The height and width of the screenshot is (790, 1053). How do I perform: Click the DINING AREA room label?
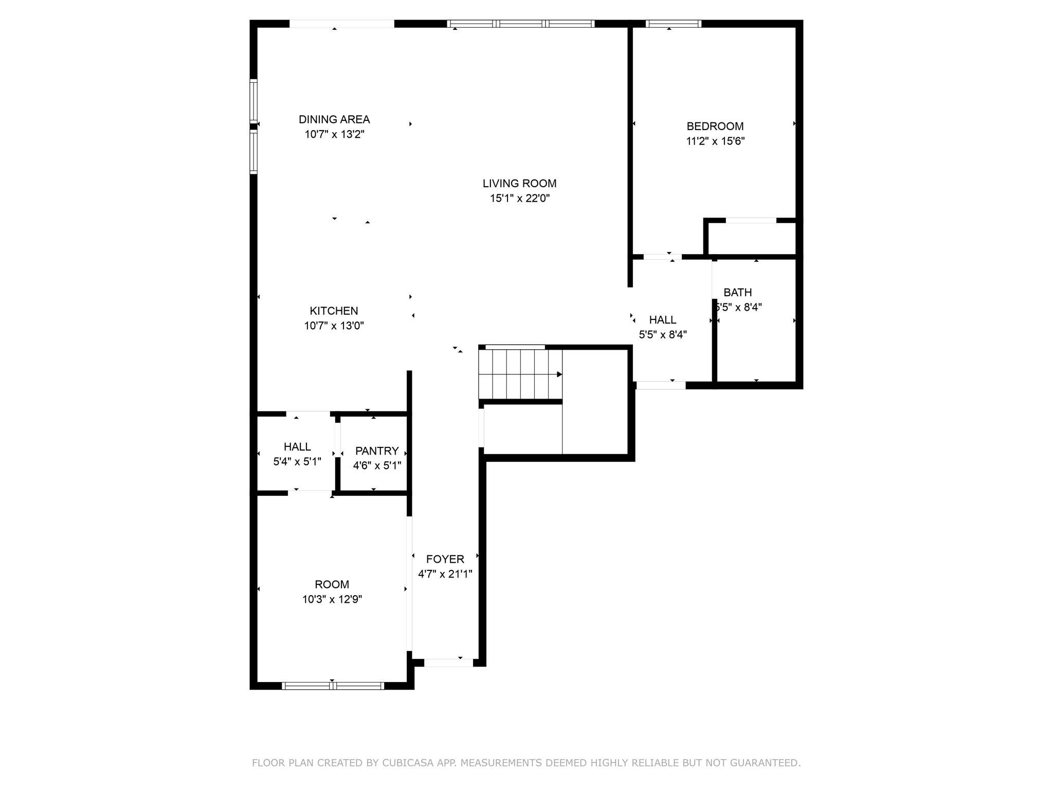click(x=334, y=119)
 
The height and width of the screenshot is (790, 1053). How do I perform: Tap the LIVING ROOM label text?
click(x=519, y=183)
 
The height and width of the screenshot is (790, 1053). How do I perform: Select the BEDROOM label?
click(x=715, y=126)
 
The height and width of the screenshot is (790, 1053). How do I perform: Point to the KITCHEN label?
click(x=334, y=311)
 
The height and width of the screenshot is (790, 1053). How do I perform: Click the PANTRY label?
click(x=377, y=451)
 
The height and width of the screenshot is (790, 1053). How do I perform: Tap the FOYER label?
click(x=445, y=559)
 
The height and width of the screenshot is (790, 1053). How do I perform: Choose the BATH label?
click(x=738, y=292)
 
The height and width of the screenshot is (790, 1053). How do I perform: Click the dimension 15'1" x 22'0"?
click(x=520, y=198)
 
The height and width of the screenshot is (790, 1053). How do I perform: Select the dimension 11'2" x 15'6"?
click(x=715, y=141)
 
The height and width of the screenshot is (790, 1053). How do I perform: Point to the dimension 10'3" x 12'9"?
click(x=332, y=599)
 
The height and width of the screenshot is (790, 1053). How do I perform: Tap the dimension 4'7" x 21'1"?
click(x=445, y=574)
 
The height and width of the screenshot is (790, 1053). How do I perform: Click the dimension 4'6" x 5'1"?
click(x=377, y=465)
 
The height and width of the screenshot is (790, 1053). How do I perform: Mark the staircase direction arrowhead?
click(x=559, y=374)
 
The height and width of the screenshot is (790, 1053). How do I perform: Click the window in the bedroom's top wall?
click(x=674, y=24)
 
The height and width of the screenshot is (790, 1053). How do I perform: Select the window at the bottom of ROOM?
click(x=333, y=686)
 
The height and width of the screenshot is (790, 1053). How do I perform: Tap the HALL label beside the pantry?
click(x=297, y=446)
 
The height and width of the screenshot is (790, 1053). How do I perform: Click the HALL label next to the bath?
click(x=663, y=320)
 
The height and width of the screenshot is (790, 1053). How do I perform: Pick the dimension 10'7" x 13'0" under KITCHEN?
click(x=334, y=326)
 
